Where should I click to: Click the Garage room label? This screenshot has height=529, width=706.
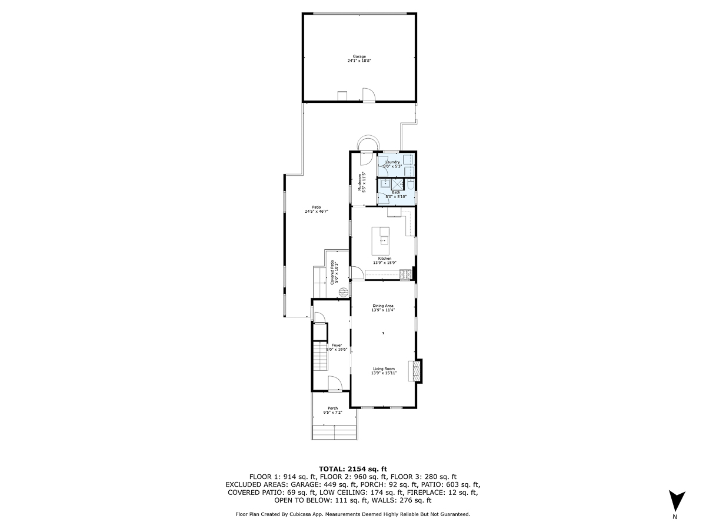coord(359,56)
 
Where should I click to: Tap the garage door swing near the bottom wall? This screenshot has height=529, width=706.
coord(368,95)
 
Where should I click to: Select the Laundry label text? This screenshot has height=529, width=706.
coord(392,162)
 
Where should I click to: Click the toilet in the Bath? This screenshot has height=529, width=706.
coord(411,186)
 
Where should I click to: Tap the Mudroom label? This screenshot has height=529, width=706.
coord(365,183)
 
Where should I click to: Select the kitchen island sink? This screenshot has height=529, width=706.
coord(384,240)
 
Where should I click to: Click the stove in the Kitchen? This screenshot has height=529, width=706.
coord(405,274)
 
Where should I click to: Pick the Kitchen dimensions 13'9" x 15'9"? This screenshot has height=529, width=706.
coord(384,263)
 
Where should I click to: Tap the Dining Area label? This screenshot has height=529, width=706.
coord(384,306)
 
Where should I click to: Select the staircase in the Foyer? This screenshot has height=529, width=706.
coord(319,357)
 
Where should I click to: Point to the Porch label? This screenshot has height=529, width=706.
coord(333,408)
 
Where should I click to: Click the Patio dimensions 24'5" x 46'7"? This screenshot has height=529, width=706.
coord(317,211)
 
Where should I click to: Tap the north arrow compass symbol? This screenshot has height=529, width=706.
coord(677,501)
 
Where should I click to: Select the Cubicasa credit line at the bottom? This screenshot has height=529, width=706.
coord(352,514)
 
